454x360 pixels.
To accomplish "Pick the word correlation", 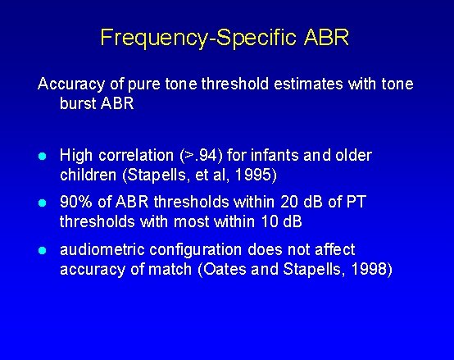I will point(135,156).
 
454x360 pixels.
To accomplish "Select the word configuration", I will point(178,249).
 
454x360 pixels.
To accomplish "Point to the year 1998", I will point(373,268).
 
